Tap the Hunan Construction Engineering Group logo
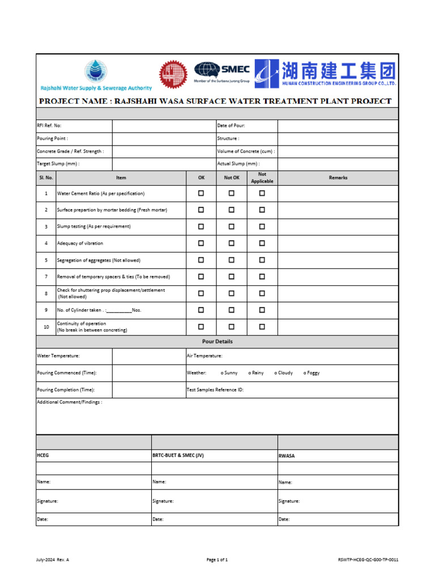point(326,74)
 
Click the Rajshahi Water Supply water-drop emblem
point(95,71)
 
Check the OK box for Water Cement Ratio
point(201,193)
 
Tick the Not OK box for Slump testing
point(231,226)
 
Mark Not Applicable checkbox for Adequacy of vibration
point(262,243)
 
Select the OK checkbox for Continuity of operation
point(201,327)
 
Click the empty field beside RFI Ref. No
point(164,126)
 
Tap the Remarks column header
point(338,178)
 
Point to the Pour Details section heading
point(217,342)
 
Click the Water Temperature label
point(58,356)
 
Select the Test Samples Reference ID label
point(215,390)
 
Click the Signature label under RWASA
point(289,501)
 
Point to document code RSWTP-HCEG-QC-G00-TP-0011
point(368,560)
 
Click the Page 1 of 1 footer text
point(217,560)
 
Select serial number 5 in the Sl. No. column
point(46,260)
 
